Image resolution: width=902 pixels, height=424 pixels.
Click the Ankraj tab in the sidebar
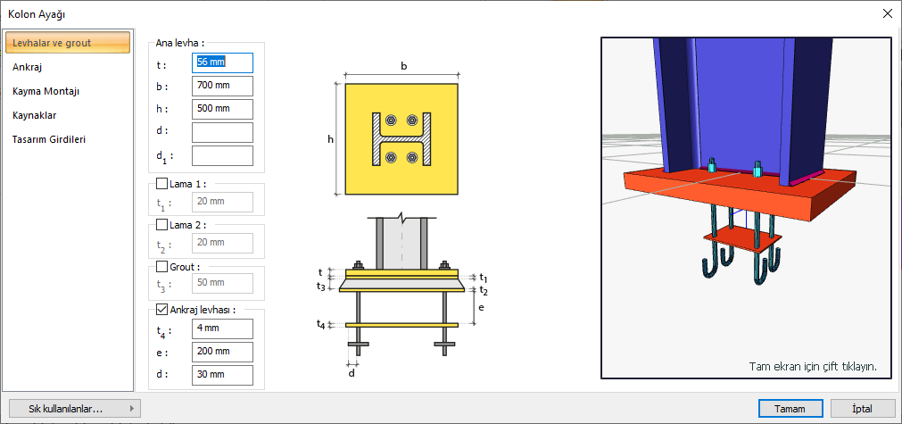tap(28, 67)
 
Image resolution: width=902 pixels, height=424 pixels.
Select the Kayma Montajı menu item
tap(46, 91)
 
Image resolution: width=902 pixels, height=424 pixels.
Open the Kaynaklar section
tap(35, 115)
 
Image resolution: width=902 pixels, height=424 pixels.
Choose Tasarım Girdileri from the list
tap(49, 139)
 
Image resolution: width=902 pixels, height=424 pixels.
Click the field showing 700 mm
tap(222, 86)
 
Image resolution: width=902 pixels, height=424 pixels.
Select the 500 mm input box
tap(222, 109)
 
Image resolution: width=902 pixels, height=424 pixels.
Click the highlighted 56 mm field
tap(222, 62)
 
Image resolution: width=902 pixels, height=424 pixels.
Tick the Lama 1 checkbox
tap(161, 184)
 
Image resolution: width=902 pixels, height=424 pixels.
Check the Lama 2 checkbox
tap(161, 225)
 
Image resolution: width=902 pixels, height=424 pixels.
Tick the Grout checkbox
tap(161, 266)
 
